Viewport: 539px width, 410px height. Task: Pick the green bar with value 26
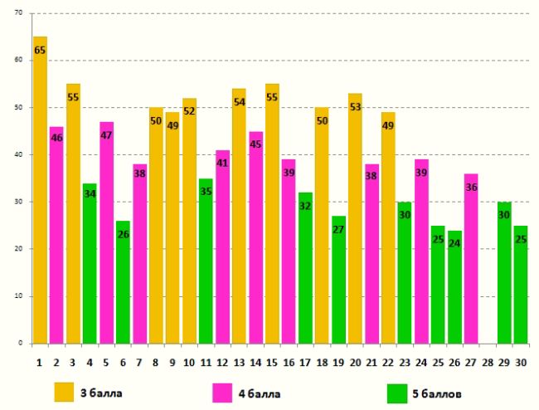coord(123,282)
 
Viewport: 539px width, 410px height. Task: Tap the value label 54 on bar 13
coord(239,103)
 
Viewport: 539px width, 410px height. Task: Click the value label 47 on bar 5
coord(106,135)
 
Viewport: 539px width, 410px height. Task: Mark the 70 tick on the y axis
coord(19,14)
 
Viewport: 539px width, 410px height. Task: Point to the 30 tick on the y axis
coord(19,202)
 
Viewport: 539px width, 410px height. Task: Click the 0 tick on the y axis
coord(22,343)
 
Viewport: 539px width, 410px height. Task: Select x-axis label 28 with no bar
coord(488,362)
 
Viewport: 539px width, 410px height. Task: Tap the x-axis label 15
coord(272,362)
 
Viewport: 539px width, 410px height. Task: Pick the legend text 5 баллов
coord(439,392)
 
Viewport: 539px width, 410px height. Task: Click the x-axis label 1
coord(40,362)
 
